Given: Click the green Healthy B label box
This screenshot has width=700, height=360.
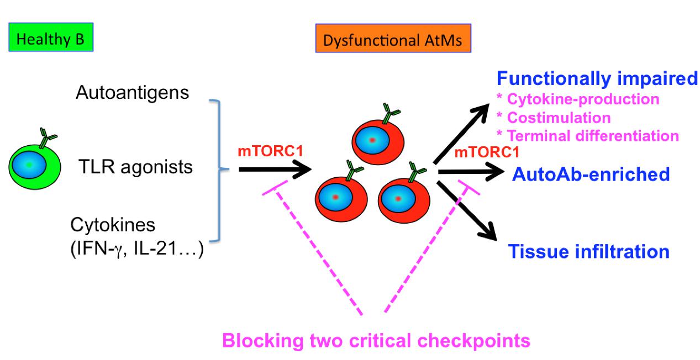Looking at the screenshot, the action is click(x=51, y=37).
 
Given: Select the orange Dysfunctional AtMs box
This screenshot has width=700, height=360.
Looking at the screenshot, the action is click(x=393, y=38).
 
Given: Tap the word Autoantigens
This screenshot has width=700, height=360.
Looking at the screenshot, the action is click(x=132, y=93).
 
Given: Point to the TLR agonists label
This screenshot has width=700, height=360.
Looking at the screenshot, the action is click(x=135, y=167).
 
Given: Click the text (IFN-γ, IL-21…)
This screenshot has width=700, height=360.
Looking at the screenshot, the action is click(x=137, y=249).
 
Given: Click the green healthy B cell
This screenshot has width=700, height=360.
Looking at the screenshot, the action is click(x=35, y=167).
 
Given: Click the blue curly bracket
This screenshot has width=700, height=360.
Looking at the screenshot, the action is click(x=219, y=170).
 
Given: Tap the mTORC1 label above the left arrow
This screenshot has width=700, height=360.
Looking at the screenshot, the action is click(x=271, y=151).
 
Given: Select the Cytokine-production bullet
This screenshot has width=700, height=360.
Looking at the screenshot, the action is click(x=578, y=99).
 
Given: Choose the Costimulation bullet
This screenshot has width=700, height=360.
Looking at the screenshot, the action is click(x=554, y=118).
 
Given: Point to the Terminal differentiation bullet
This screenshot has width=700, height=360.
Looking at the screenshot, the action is click(x=587, y=136).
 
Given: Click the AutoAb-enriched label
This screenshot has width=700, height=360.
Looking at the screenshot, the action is click(x=591, y=174).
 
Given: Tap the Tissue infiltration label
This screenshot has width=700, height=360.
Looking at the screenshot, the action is click(x=589, y=251).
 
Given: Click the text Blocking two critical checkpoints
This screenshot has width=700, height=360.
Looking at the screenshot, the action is click(x=376, y=340).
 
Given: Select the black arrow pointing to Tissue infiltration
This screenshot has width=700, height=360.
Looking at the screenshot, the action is click(x=466, y=210).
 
